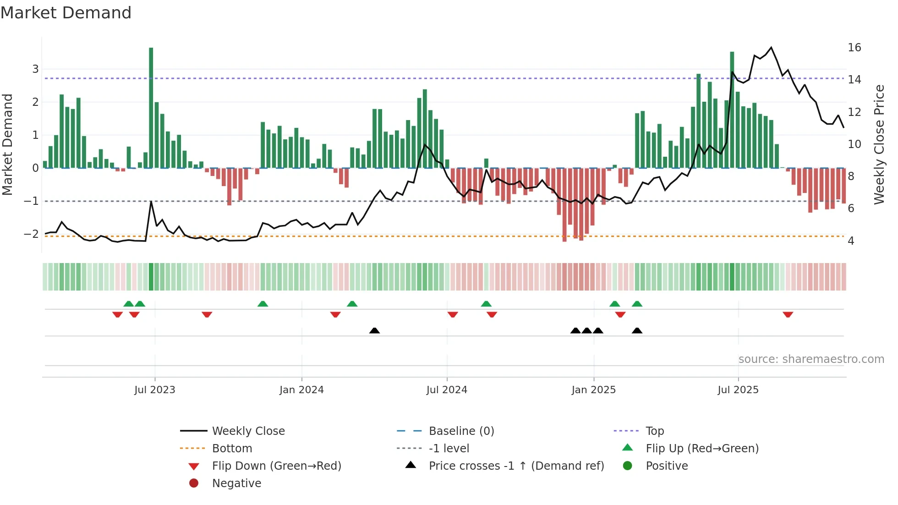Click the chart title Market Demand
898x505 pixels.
66,13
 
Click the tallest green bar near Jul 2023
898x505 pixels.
151,108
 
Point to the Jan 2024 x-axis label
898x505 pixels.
301,390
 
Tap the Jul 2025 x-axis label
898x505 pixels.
738,390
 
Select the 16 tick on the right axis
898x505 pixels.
854,48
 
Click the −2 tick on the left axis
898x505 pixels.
31,234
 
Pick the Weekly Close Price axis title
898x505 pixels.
879,145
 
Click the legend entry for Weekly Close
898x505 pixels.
248,431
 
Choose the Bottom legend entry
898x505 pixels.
232,449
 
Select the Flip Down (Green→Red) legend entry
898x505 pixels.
276,466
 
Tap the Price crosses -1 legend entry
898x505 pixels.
516,466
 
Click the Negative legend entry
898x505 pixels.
236,483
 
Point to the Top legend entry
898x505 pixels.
655,431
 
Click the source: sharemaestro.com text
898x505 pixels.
811,359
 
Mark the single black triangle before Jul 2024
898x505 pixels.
374,331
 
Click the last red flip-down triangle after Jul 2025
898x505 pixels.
788,315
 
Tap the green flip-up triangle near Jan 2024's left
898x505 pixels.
263,304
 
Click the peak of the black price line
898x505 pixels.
771,48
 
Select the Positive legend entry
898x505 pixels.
667,466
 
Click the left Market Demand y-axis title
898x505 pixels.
7,145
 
